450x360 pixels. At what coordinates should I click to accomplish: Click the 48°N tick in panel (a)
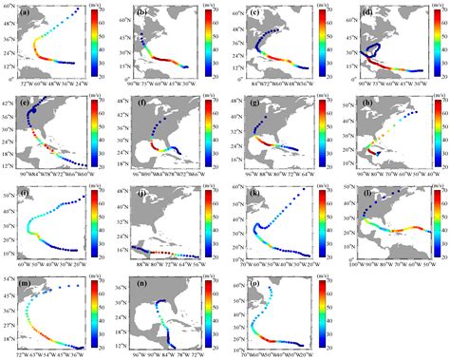pyautogui.click(x=13, y=9)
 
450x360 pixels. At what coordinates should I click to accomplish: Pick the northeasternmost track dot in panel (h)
pyautogui.click(x=415, y=112)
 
